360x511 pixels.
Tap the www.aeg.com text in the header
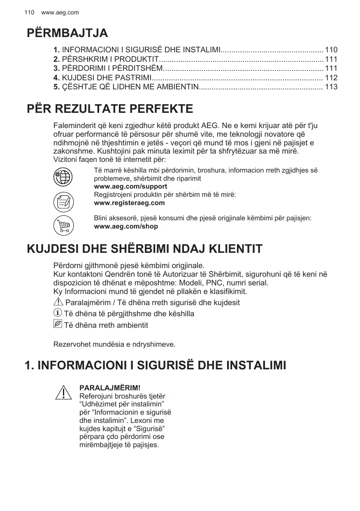click(x=60, y=13)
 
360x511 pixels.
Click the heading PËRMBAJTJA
click(x=67, y=33)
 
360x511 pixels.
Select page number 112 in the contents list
click(x=331, y=77)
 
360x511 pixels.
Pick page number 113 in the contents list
click(x=331, y=87)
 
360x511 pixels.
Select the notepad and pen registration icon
click(x=63, y=202)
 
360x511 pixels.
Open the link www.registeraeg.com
click(x=129, y=203)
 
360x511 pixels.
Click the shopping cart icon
click(x=63, y=225)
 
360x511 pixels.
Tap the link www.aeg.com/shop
click(x=126, y=226)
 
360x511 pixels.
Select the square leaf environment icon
click(x=58, y=324)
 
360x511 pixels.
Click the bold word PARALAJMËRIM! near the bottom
click(x=109, y=388)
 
